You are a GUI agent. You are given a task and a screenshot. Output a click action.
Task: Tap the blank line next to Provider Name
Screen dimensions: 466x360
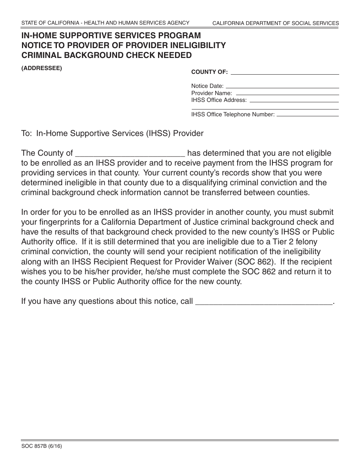(x=286, y=93)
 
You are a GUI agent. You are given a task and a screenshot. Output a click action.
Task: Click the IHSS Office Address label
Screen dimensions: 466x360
(x=219, y=100)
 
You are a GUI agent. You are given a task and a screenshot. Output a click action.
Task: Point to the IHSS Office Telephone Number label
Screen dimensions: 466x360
(x=233, y=114)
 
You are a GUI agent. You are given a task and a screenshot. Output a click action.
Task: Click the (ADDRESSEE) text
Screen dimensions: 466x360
(x=41, y=69)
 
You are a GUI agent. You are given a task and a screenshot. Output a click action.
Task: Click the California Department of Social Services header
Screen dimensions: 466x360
(x=275, y=23)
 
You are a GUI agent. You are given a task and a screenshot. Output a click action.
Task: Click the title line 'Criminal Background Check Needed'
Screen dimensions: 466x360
(x=106, y=55)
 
